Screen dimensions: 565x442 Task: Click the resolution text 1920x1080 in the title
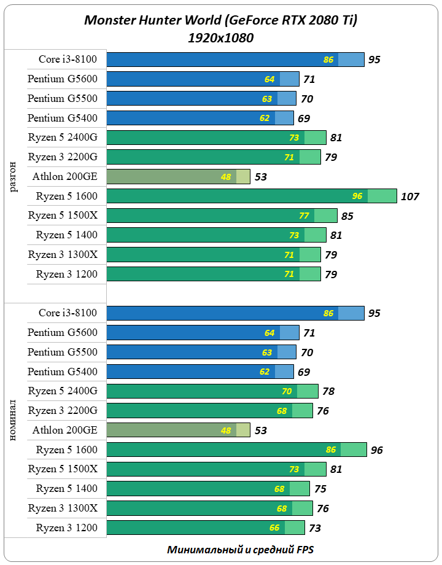[x=221, y=37]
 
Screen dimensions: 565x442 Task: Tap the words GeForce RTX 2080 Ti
[x=291, y=20]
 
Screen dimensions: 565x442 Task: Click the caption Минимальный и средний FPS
[x=241, y=550]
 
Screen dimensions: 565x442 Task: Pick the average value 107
[x=409, y=197]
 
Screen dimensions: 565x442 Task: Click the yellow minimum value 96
[x=357, y=197]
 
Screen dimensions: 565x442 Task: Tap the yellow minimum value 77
[x=303, y=216]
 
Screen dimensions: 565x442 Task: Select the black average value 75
[x=320, y=489]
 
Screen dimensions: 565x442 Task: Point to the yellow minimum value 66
[x=274, y=528]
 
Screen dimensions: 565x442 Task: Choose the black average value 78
[x=329, y=391]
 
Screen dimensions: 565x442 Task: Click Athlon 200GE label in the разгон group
[x=65, y=177]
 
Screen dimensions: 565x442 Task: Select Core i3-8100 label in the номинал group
[x=68, y=313]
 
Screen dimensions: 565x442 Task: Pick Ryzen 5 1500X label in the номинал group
[x=63, y=469]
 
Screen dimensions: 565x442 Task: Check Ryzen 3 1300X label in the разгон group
[x=63, y=255]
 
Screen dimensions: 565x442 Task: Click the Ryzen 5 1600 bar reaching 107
[x=252, y=197]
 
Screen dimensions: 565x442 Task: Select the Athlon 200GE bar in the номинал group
[x=178, y=431]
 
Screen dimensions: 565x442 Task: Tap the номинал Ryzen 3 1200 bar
[x=206, y=528]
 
